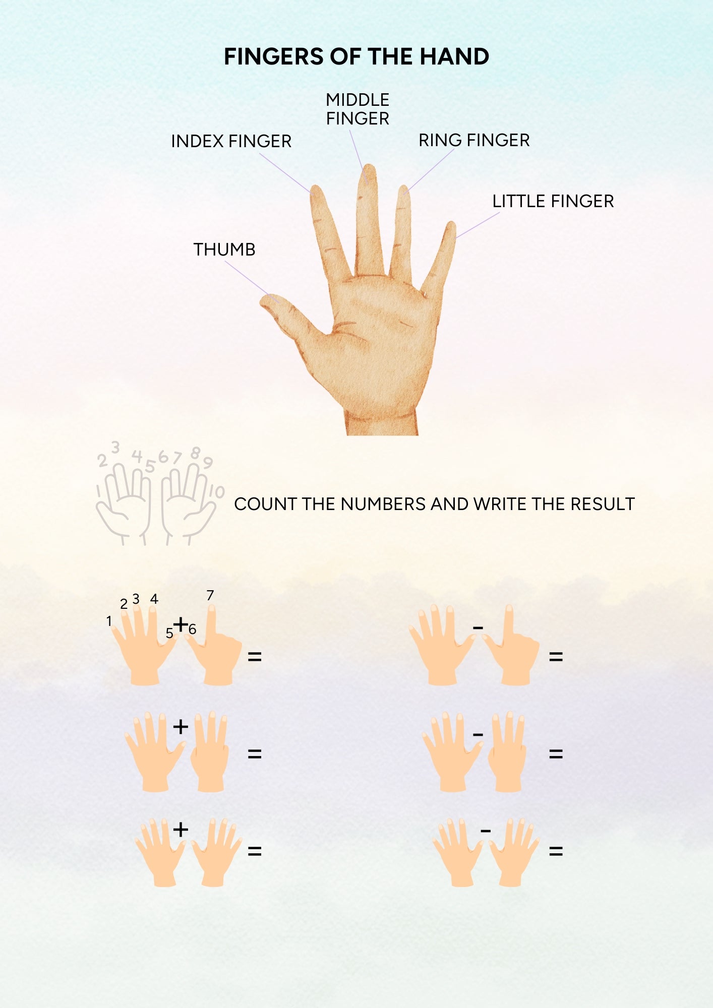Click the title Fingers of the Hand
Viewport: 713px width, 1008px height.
point(356,56)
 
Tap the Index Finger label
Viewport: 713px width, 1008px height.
point(231,141)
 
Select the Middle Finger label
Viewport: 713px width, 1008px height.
point(358,109)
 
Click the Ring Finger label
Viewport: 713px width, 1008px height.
point(474,140)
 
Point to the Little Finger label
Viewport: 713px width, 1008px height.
point(553,201)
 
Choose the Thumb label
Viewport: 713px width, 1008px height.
point(224,249)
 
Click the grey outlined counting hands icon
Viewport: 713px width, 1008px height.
point(159,494)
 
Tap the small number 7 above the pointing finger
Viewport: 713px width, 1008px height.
point(210,596)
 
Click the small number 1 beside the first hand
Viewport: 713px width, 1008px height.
point(109,621)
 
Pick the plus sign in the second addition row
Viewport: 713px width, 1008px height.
point(181,727)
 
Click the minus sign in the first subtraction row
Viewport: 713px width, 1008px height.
point(478,628)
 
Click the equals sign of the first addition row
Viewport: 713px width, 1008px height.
point(255,657)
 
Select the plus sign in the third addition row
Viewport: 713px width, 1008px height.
point(181,830)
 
